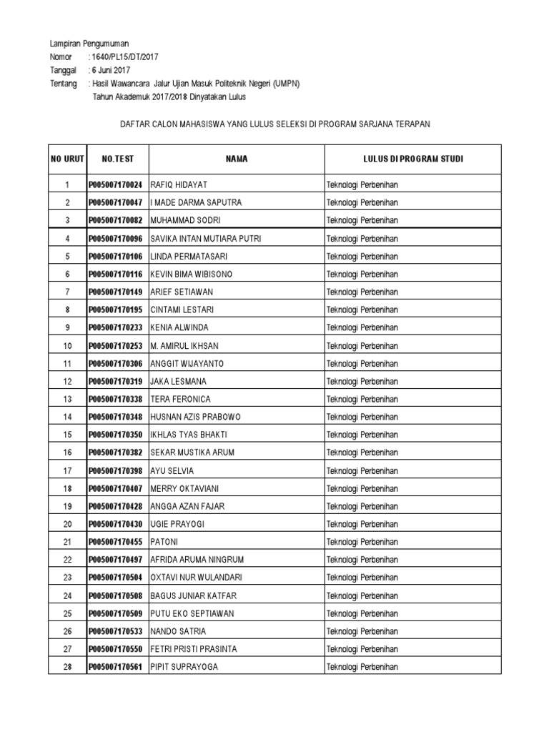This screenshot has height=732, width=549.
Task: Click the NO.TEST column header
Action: pos(117,159)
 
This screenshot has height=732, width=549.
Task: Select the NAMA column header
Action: pos(237,159)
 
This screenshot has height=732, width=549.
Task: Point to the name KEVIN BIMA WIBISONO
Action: pos(192,274)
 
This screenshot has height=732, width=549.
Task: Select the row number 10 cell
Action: pos(68,346)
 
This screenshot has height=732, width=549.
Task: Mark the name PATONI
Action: pos(164,542)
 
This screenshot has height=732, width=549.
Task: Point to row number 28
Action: pos(68,667)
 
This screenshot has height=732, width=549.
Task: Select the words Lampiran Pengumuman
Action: pos(89,43)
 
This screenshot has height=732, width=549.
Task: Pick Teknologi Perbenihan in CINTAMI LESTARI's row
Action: pos(362,310)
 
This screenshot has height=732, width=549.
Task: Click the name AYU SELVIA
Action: pos(172,470)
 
